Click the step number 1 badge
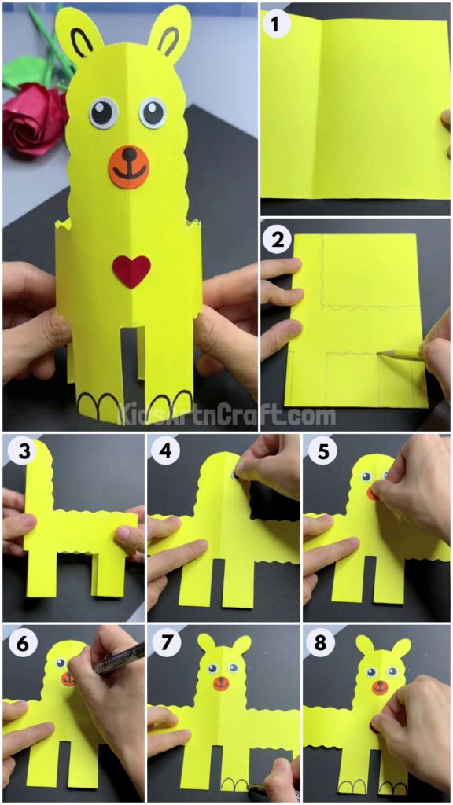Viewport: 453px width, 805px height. (275, 24)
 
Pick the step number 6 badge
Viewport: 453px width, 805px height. (19, 643)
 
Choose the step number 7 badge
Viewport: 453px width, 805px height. (164, 643)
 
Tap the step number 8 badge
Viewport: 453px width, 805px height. (319, 643)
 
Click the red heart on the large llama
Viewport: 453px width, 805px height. (131, 271)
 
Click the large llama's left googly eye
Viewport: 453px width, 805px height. (102, 112)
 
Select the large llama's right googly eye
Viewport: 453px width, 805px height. (153, 112)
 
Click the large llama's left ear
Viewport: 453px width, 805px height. (79, 35)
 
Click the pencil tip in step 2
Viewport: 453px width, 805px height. (381, 355)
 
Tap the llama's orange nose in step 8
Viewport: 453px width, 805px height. (380, 688)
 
